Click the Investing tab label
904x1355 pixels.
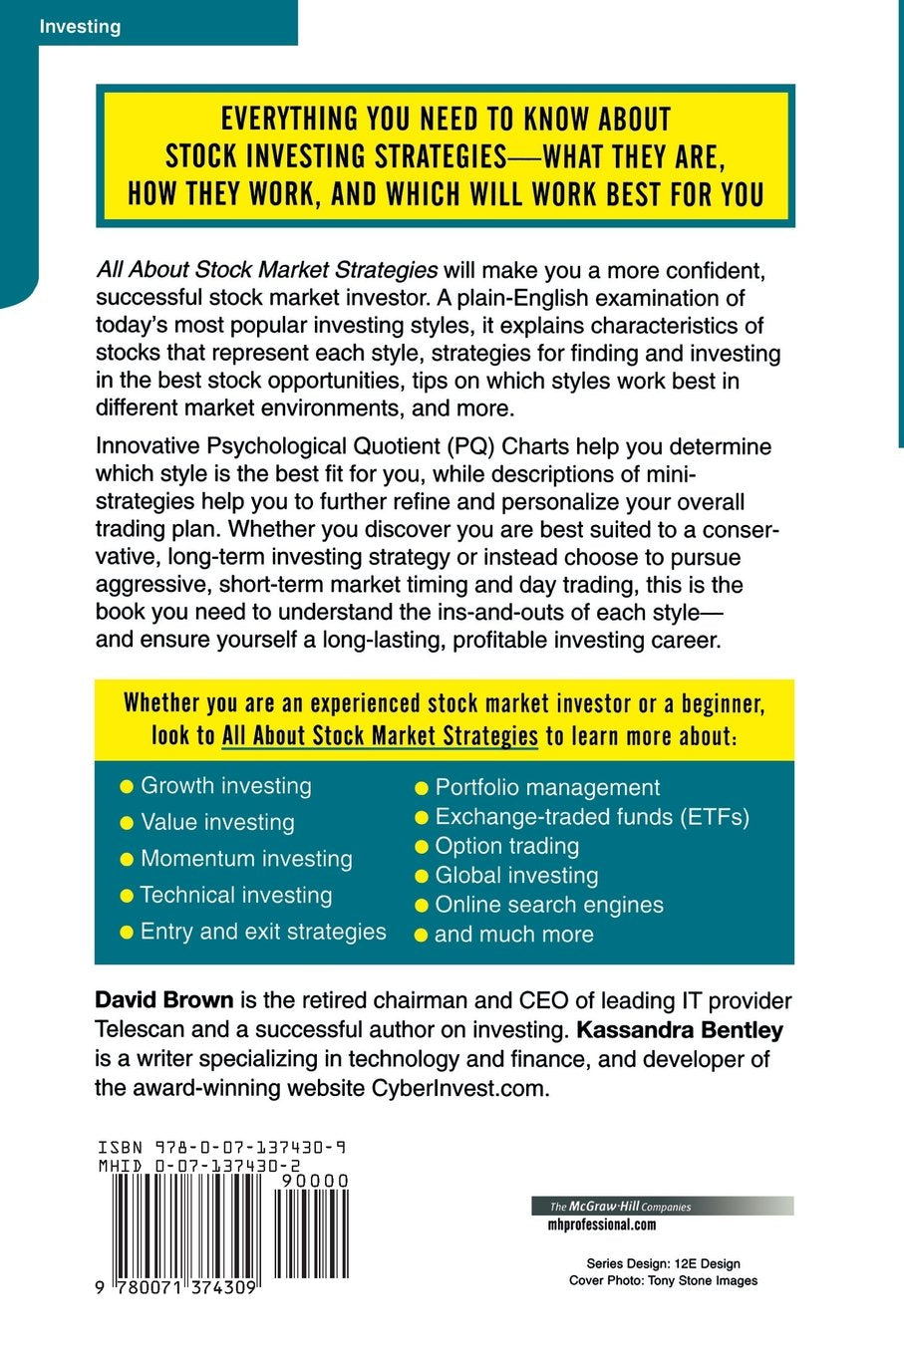[80, 27]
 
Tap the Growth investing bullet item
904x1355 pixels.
[225, 786]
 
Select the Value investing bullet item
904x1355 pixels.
[217, 822]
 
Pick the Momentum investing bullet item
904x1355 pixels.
[246, 859]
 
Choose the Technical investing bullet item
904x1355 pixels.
[236, 895]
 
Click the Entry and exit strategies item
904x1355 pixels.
[263, 932]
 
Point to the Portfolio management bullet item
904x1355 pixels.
[547, 787]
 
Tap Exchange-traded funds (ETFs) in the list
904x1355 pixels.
[592, 817]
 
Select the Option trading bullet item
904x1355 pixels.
[506, 846]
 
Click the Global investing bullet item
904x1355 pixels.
[516, 876]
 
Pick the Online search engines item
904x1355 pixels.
[549, 905]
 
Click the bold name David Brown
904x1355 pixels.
[164, 1000]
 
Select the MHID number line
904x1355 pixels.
[199, 1165]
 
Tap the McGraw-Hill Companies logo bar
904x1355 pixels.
[662, 1207]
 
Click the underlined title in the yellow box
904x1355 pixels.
[380, 736]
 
